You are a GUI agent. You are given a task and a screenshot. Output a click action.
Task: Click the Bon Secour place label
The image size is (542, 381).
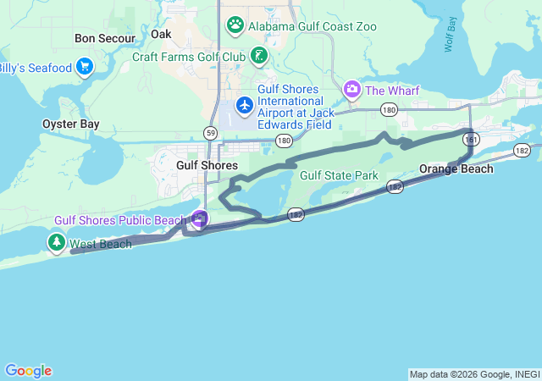click(x=105, y=38)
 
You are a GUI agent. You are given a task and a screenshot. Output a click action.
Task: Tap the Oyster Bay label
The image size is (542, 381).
click(x=71, y=124)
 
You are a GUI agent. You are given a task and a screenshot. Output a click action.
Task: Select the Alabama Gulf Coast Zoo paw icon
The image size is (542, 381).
click(x=235, y=25)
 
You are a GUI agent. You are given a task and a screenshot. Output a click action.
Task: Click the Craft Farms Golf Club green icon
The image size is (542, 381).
click(x=259, y=57)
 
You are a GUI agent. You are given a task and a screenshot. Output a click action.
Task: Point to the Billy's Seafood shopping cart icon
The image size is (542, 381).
click(x=84, y=66)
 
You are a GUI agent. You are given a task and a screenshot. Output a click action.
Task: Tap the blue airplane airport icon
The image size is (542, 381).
click(x=245, y=104)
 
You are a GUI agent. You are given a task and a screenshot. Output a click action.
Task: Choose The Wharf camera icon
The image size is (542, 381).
click(x=351, y=89)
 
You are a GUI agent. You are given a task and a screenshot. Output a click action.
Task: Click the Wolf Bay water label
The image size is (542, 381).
click(x=450, y=34)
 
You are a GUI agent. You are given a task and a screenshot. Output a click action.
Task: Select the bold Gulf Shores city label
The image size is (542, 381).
click(x=207, y=165)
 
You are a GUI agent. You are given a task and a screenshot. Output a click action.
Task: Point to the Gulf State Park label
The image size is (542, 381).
click(x=339, y=175)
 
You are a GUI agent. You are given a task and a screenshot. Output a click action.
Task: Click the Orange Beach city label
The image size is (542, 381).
click(x=456, y=168)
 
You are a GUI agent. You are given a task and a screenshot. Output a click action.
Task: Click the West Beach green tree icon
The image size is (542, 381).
click(x=57, y=244)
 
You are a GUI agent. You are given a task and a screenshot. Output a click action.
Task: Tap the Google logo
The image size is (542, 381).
click(x=29, y=371)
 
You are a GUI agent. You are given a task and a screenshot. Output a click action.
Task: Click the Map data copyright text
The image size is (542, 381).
click(x=474, y=374)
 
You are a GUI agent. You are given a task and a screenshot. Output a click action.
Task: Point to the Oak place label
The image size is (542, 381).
click(x=161, y=34)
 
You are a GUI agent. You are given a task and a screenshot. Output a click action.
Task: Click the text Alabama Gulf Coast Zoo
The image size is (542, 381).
click(x=312, y=26)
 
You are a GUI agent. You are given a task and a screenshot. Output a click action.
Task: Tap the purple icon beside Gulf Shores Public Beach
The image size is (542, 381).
click(x=199, y=219)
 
